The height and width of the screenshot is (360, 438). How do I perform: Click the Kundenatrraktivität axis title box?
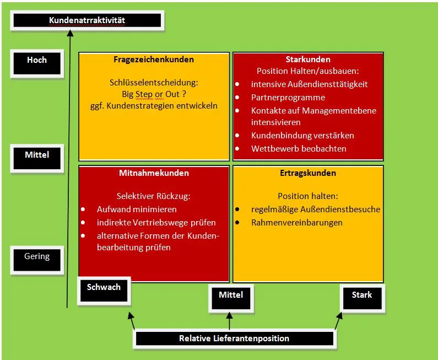pyautogui.click(x=87, y=21)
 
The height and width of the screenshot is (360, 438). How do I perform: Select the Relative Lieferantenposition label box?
pyautogui.click(x=234, y=338)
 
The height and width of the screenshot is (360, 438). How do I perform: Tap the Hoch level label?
pyautogui.click(x=37, y=60)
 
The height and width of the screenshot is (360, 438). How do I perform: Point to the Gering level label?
pyautogui.click(x=37, y=256)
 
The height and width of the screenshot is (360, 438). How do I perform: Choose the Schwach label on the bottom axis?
pyautogui.click(x=104, y=287)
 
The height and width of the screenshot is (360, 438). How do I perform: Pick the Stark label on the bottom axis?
pyautogui.click(x=362, y=295)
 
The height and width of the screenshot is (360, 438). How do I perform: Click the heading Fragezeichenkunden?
pyautogui.click(x=154, y=60)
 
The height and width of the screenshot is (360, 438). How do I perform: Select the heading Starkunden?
pyautogui.click(x=308, y=60)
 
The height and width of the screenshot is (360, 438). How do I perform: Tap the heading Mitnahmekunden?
pyautogui.click(x=154, y=173)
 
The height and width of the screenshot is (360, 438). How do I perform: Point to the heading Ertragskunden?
pyautogui.click(x=308, y=173)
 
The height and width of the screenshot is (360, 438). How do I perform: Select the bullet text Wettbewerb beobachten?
pyautogui.click(x=299, y=148)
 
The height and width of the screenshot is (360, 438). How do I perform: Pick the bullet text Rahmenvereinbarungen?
pyautogui.click(x=296, y=223)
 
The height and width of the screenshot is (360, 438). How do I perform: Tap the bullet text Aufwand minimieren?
pyautogui.click(x=137, y=209)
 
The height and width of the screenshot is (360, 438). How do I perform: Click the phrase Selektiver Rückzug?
pyautogui.click(x=154, y=196)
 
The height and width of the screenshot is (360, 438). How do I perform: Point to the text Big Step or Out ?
pyautogui.click(x=154, y=94)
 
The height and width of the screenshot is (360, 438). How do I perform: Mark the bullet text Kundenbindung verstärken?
pyautogui.click(x=302, y=135)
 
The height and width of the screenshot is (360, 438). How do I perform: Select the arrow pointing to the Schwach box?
pyautogui.click(x=132, y=320)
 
